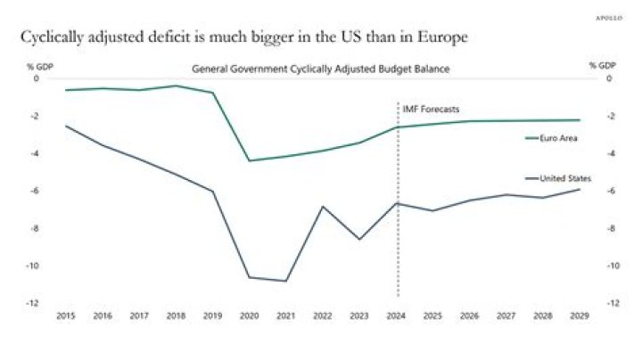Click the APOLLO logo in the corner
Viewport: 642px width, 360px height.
click(x=609, y=16)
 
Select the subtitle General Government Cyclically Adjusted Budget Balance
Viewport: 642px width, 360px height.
click(x=321, y=69)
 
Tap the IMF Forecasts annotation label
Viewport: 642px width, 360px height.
click(x=431, y=109)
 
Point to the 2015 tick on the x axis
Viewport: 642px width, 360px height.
click(x=65, y=315)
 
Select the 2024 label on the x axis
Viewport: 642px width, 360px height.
click(x=398, y=315)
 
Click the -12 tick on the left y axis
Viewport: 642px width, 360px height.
click(x=36, y=303)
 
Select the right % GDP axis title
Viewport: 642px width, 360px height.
click(x=603, y=66)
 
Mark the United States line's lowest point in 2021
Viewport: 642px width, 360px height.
click(x=286, y=281)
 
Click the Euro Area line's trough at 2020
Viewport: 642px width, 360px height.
click(x=249, y=160)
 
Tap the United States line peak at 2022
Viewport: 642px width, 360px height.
click(x=323, y=207)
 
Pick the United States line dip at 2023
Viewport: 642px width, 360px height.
click(x=359, y=239)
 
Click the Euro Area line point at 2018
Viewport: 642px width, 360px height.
click(x=176, y=86)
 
